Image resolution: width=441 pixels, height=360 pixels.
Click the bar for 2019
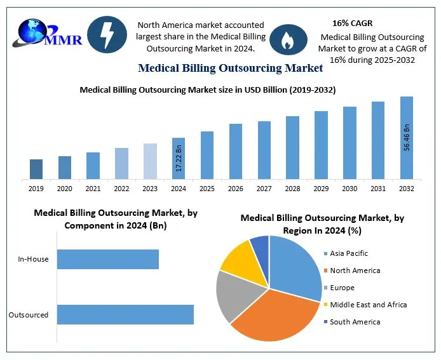pyautogui.click(x=36, y=169)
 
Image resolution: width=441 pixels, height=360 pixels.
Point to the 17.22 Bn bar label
pyautogui.click(x=179, y=159)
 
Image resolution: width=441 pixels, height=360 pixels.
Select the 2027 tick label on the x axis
pyautogui.click(x=264, y=189)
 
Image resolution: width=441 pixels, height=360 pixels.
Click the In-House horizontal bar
pyautogui.click(x=107, y=259)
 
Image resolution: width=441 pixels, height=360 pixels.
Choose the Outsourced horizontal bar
pyautogui.click(x=125, y=315)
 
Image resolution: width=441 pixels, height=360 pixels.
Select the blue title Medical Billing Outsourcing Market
pyautogui.click(x=230, y=68)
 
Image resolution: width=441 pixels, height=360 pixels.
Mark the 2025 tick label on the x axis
pyautogui.click(x=207, y=189)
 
